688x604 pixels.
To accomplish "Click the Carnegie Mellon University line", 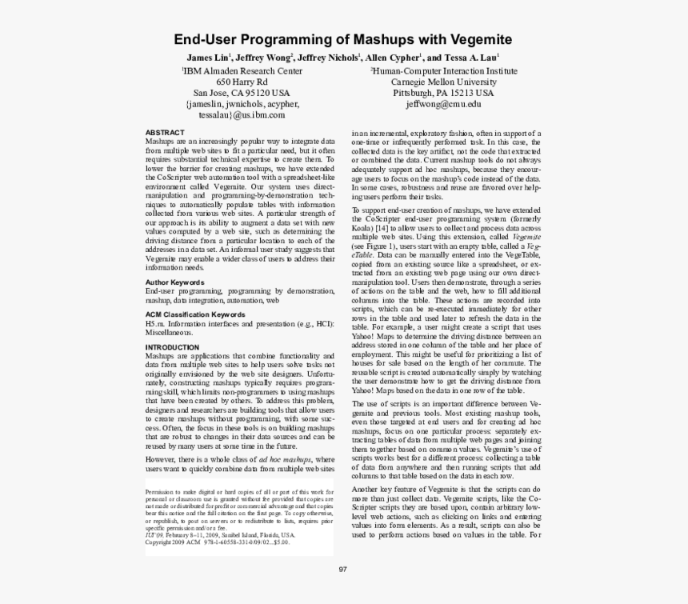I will coord(443,82).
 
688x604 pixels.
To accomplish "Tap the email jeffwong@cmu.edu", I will coord(443,104).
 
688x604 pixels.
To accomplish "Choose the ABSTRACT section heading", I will coord(165,133).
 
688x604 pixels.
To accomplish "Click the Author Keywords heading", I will coord(174,282).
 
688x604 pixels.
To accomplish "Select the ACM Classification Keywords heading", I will coord(194,315).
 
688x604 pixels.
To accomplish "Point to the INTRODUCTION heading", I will coord(172,347).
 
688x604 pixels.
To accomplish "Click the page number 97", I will coord(343,569).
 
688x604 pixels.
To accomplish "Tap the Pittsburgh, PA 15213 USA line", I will coord(443,93).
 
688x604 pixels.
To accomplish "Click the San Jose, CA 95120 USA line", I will coord(242,93).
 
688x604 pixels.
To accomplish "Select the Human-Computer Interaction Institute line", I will coord(443,70).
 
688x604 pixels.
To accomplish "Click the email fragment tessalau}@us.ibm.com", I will coord(242,115).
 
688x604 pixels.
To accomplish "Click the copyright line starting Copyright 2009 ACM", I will coord(217,542).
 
